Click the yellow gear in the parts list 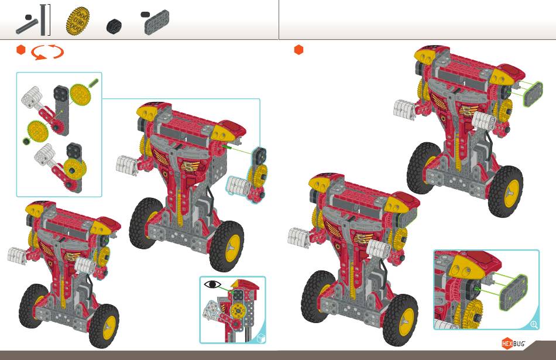click(x=78, y=22)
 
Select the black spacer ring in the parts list click(x=114, y=26)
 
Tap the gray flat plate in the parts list click(x=157, y=22)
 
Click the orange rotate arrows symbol click(x=47, y=53)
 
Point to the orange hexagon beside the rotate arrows click(x=21, y=50)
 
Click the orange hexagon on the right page click(x=299, y=50)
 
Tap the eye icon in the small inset click(x=212, y=284)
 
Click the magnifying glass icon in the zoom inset click(x=534, y=324)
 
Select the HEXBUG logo click(x=513, y=344)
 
